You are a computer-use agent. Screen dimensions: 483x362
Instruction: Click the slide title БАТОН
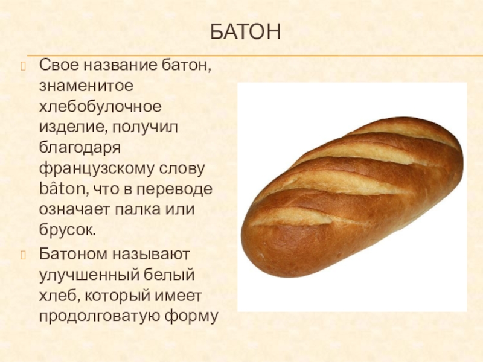click(x=246, y=31)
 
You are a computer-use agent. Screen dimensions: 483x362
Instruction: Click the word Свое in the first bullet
click(x=59, y=65)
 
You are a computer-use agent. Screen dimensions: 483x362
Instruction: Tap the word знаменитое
click(x=86, y=86)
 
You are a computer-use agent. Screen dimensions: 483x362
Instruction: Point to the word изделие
click(x=73, y=128)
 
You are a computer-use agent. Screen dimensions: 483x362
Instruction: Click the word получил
click(x=145, y=128)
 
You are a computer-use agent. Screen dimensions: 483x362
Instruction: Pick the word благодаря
click(x=80, y=148)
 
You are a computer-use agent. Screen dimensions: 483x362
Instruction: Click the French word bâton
click(x=64, y=188)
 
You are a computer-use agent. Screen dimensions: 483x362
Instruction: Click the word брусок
click(x=68, y=230)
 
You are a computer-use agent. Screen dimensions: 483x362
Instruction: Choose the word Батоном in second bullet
click(x=73, y=254)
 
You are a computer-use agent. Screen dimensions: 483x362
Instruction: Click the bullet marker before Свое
click(x=24, y=66)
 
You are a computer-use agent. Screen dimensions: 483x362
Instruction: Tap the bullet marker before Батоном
click(x=24, y=255)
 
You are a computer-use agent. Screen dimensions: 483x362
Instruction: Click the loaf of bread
click(x=352, y=197)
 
